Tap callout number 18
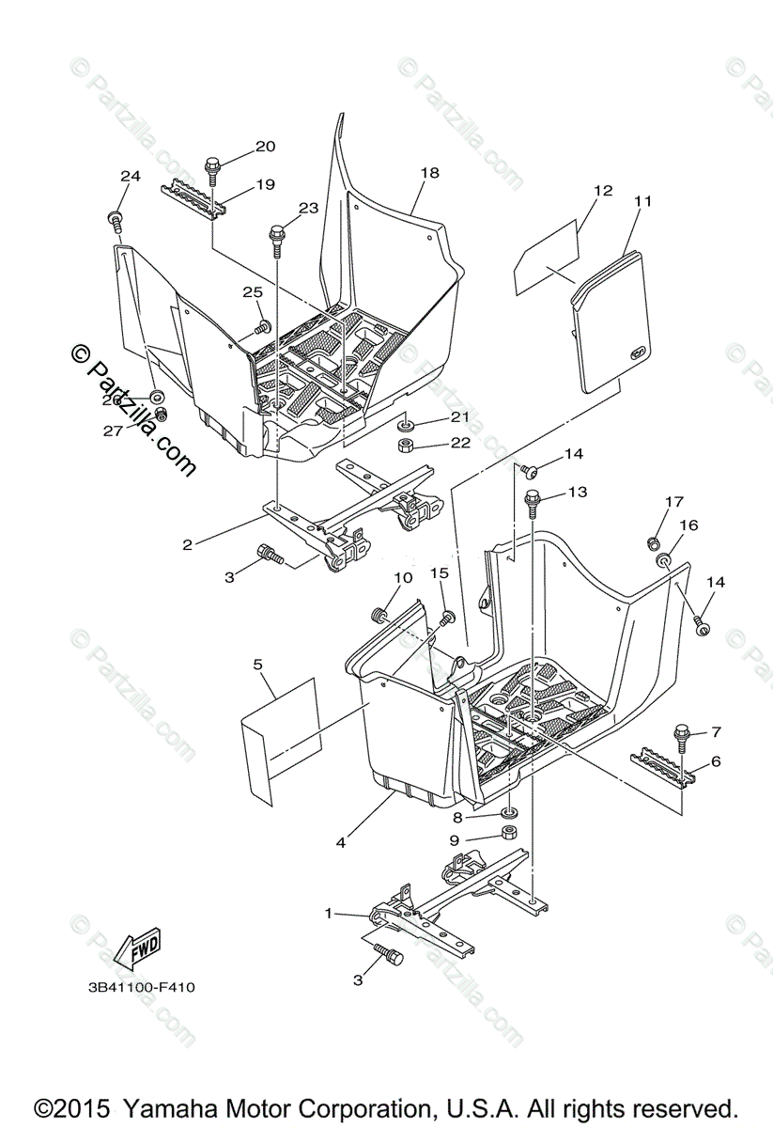pos(429,173)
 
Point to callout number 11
pos(642,201)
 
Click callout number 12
pos(602,191)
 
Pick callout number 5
pos(258,665)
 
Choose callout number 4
pos(340,843)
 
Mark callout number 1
pos(329,913)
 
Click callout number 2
pos(188,544)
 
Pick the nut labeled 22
pos(408,445)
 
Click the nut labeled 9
pos(506,834)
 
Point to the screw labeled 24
pos(116,222)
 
